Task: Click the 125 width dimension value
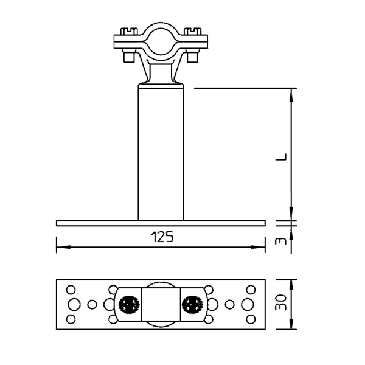pyautogui.click(x=162, y=237)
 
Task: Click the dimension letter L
pyautogui.click(x=281, y=157)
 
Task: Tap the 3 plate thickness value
pyautogui.click(x=281, y=241)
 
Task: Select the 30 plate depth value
pyautogui.click(x=280, y=302)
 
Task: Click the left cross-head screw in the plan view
pyautogui.click(x=129, y=305)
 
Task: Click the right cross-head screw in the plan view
pyautogui.click(x=192, y=305)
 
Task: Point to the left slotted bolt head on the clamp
pyautogui.click(x=128, y=31)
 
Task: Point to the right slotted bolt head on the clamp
pyautogui.click(x=192, y=31)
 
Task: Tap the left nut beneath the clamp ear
pyautogui.click(x=129, y=57)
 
